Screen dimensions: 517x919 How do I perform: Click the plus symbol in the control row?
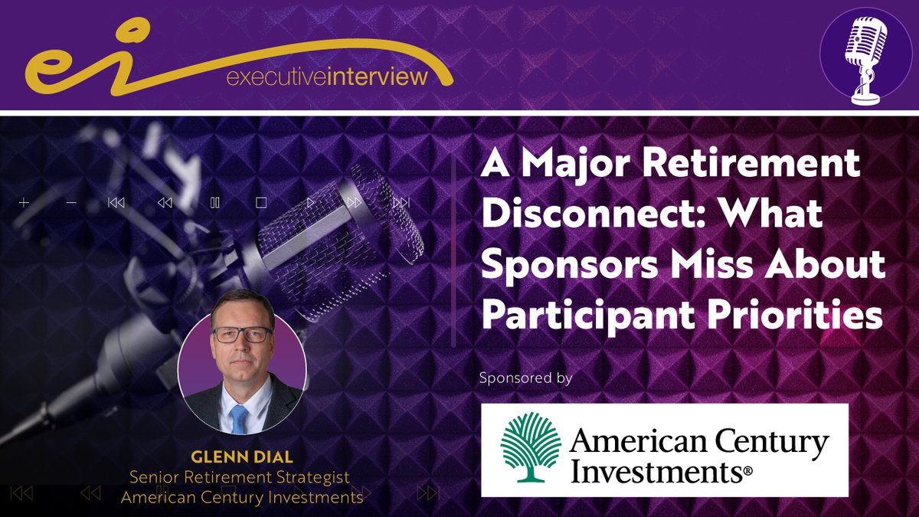point(24,203)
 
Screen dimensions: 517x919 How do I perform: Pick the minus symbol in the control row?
point(71,203)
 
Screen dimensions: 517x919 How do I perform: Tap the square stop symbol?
point(261,203)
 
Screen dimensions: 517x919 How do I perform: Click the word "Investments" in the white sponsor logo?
point(656,469)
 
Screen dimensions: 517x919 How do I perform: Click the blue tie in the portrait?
point(240,417)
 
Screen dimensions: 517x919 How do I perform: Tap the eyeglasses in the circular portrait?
point(241,335)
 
